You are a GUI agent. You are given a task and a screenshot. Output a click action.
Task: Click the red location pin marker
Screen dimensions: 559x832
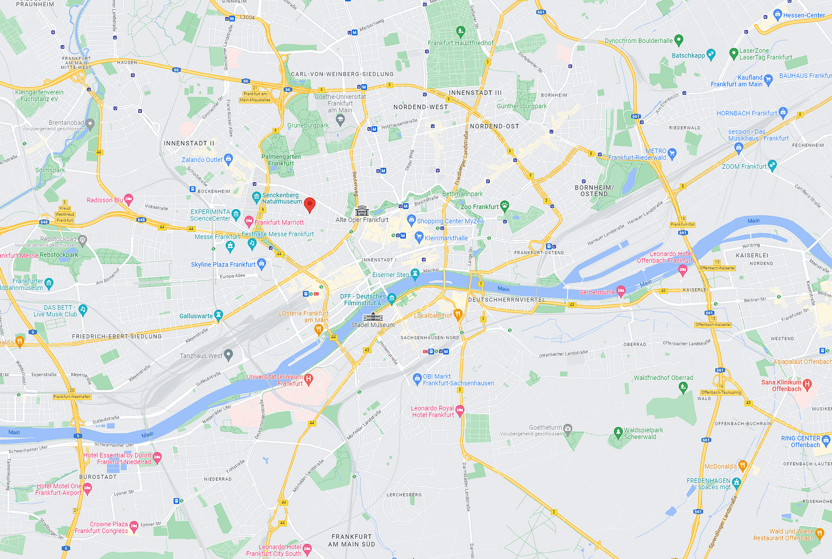(x=310, y=204)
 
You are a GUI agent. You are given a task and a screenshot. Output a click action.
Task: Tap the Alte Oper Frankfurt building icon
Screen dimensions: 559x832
(x=362, y=211)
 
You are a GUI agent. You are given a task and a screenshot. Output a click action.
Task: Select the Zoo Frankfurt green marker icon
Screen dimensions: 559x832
(x=505, y=205)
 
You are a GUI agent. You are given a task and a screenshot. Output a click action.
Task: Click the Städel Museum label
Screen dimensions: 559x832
(x=373, y=325)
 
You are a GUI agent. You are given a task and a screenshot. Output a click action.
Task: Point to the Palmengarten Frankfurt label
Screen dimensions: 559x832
(x=281, y=160)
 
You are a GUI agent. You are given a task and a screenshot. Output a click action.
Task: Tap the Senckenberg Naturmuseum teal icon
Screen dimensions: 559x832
(x=256, y=197)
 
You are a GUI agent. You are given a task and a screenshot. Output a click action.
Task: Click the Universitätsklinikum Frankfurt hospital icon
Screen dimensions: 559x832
(x=309, y=378)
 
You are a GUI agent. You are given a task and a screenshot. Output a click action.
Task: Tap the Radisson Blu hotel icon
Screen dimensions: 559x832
(x=128, y=199)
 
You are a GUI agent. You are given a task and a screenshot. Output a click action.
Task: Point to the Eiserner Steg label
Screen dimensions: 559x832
(x=390, y=275)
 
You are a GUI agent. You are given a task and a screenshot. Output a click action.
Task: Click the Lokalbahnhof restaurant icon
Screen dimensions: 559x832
(x=458, y=314)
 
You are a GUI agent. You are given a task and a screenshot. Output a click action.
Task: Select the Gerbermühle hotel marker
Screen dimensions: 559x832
(x=621, y=291)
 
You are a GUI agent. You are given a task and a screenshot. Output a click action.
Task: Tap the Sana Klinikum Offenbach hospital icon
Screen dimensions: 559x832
(x=807, y=384)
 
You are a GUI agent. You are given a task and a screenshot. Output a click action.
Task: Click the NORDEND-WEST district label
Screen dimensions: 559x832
(x=420, y=107)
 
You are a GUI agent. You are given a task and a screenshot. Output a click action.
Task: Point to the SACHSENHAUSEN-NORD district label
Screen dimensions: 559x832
(x=430, y=337)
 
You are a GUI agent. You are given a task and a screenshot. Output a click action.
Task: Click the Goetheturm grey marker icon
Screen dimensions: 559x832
(x=568, y=428)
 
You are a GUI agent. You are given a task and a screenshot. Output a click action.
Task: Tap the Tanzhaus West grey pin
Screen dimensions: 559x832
(x=228, y=355)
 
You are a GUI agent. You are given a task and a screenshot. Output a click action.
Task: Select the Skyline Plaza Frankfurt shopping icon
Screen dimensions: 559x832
(x=261, y=263)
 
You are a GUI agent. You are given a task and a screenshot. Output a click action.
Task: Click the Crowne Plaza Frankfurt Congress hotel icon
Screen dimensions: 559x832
(x=134, y=526)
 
